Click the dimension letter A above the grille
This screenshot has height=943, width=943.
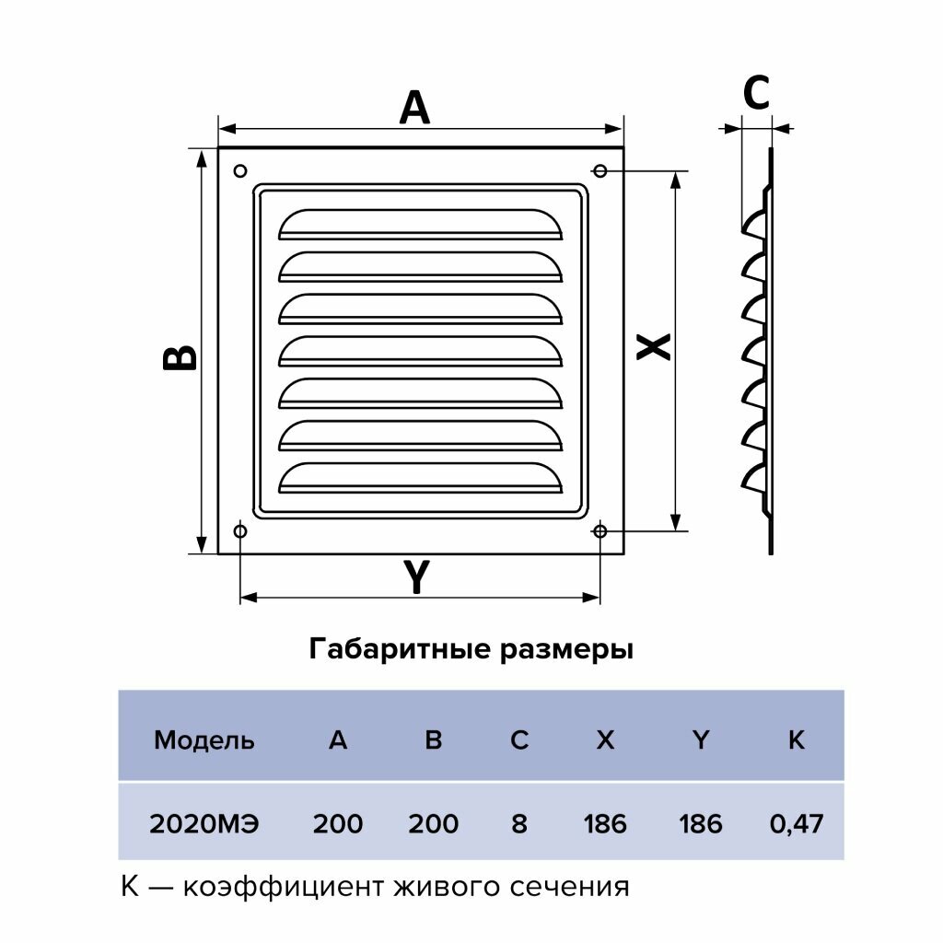click(414, 108)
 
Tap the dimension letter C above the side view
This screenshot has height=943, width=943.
click(756, 92)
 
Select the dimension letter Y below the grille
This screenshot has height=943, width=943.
click(417, 578)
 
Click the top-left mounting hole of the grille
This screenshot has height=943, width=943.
click(240, 170)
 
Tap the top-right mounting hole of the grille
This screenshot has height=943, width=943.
click(600, 170)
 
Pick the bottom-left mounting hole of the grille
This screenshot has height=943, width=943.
click(240, 531)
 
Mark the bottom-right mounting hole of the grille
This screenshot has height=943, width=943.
click(600, 531)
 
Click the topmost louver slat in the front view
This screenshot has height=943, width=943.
click(420, 225)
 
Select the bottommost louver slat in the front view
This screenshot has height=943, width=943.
click(420, 477)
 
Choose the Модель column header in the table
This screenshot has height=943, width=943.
click(204, 739)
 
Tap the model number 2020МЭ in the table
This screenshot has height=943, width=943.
click(204, 822)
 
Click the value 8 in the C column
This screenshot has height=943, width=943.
click(519, 822)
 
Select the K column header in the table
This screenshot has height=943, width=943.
click(797, 739)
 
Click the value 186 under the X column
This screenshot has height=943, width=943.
click(605, 822)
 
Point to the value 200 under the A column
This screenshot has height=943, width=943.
click(338, 822)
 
